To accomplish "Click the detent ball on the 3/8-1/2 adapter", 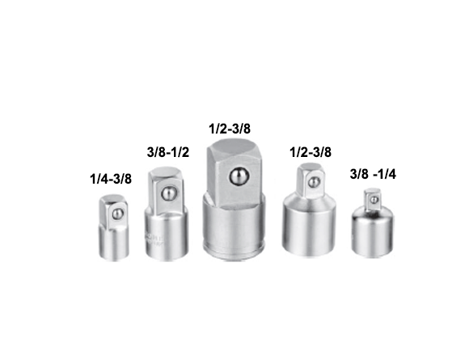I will [x=169, y=193].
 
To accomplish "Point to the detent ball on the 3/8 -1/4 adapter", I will [x=374, y=200].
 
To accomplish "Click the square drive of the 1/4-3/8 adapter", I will [x=114, y=212].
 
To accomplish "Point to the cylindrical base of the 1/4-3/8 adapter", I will [x=114, y=244].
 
